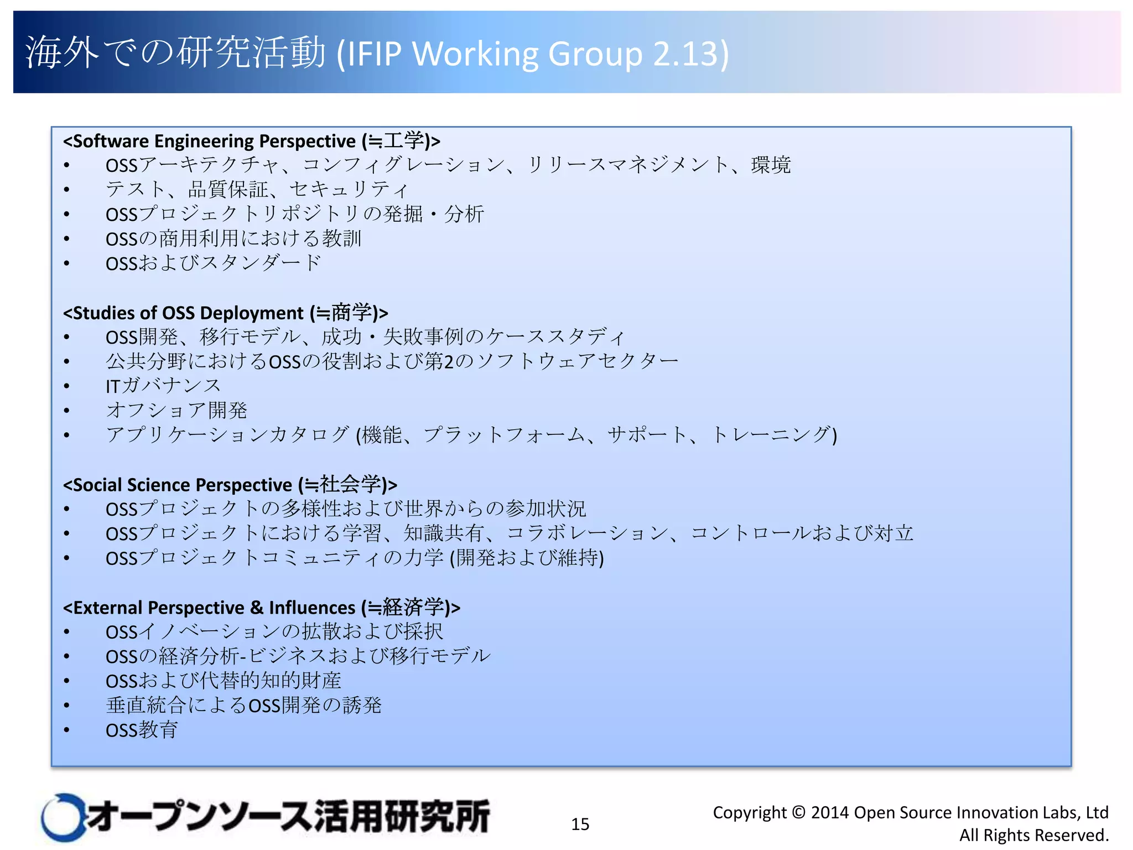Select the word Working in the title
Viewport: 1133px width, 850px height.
475,54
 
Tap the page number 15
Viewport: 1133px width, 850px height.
580,824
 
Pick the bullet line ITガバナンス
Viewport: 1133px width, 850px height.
163,386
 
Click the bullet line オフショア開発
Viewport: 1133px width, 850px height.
176,410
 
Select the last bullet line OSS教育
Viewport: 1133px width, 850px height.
142,730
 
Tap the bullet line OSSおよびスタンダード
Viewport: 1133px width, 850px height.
213,263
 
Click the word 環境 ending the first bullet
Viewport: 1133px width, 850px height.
771,165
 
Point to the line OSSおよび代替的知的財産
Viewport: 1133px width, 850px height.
224,681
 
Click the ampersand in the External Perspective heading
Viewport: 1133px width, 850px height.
256,608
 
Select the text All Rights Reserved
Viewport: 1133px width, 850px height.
1033,835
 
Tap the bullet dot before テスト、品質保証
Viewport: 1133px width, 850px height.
66,190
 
